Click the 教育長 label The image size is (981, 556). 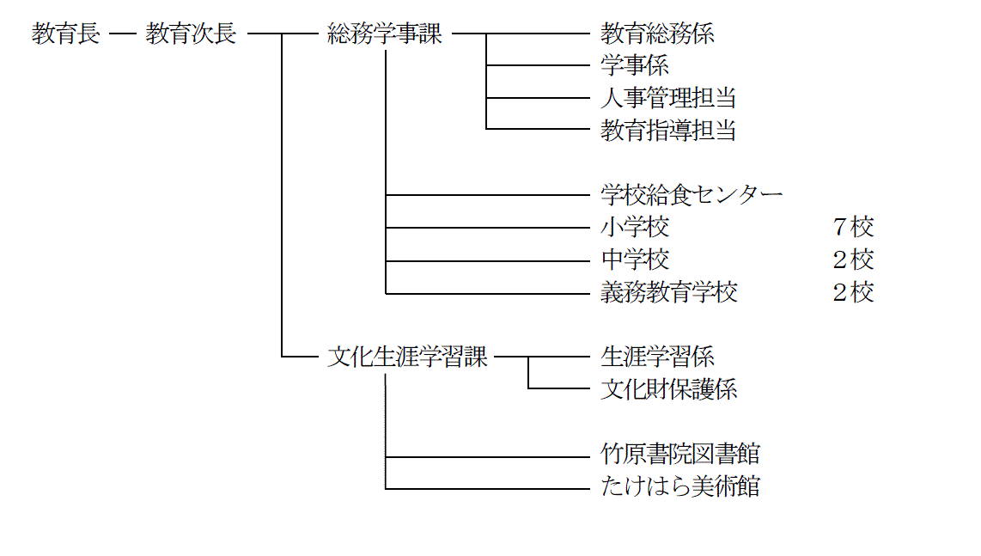coord(65,34)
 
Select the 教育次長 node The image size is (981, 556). coord(191,34)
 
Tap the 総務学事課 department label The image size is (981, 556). coord(385,34)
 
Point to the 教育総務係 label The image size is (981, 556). coord(657,34)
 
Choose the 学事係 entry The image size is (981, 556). coord(635,66)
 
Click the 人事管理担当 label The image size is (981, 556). coord(668,98)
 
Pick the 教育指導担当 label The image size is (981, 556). coord(668,131)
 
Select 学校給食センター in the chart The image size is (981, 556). coord(692,195)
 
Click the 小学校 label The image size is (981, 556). coord(635,227)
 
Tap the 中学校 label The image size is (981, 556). coord(635,260)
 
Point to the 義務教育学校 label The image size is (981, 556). coord(669,292)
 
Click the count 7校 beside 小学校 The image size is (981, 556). coord(853,227)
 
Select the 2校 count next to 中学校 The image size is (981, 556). coord(853,260)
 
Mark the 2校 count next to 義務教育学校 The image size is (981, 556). coord(853,292)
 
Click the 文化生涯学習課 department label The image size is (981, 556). coord(407,357)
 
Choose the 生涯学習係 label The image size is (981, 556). coord(657,357)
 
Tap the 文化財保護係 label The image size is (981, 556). coord(669,389)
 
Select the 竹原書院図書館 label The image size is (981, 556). coord(680,454)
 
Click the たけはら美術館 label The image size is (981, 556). coord(680,486)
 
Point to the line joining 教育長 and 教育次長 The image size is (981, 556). coord(123,34)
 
